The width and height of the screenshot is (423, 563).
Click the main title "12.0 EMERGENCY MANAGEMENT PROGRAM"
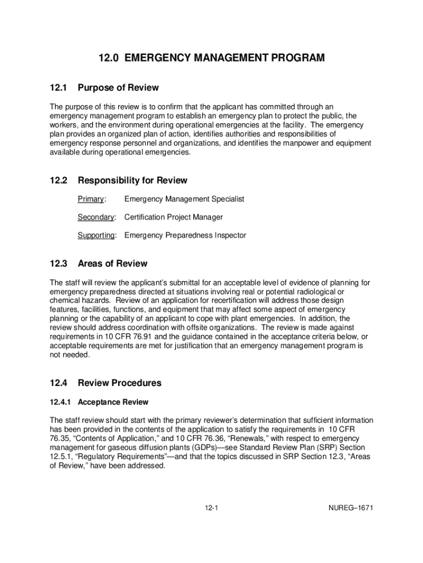(x=211, y=58)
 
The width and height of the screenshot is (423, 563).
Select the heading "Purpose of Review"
(x=118, y=88)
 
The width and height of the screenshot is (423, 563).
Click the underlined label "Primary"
(x=91, y=199)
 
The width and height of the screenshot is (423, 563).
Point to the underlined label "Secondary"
(x=96, y=217)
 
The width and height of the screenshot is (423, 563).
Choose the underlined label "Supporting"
(x=96, y=235)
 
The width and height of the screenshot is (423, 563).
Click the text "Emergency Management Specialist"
(x=184, y=199)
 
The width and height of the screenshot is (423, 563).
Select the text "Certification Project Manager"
(x=174, y=217)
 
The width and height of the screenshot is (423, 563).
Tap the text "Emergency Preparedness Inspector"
(x=185, y=235)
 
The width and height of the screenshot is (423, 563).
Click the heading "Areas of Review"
(x=113, y=263)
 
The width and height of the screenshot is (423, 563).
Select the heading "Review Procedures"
(x=120, y=383)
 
